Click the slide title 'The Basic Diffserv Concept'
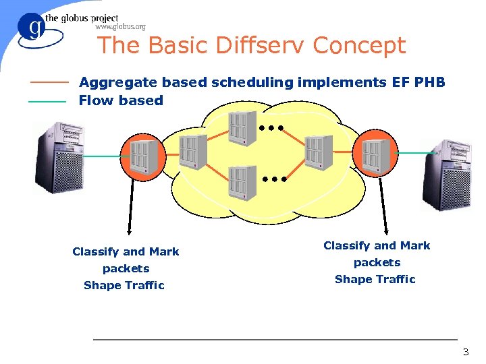pos(251,46)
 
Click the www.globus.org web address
pos(120,27)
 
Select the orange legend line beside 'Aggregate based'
pos(49,83)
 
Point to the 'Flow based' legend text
pos(121,101)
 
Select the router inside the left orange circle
pos(142,156)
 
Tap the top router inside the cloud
pos(241,127)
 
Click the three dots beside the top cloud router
pos(270,127)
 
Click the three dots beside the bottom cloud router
pos(275,180)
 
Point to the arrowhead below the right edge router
pos(385,229)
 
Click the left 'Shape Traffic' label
pos(124,285)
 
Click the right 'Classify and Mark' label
pos(377,245)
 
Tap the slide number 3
pos(465,353)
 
